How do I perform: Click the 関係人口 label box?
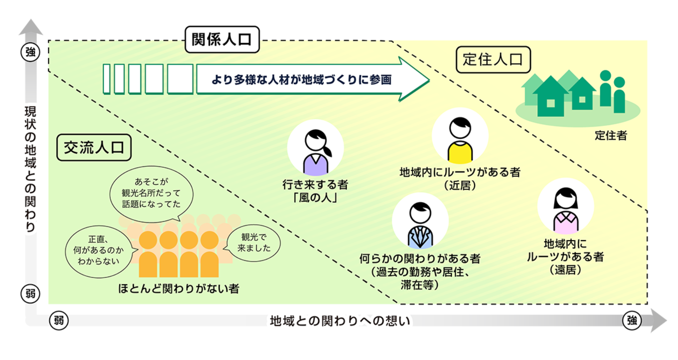click(x=222, y=39)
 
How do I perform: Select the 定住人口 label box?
click(x=493, y=60)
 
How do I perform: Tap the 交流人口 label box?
click(x=94, y=147)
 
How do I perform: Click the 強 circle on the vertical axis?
click(x=30, y=52)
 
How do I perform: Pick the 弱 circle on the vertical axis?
click(x=30, y=294)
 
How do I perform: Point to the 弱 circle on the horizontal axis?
click(x=59, y=320)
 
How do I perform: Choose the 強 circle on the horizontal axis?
click(x=632, y=320)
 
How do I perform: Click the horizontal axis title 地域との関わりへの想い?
click(x=340, y=321)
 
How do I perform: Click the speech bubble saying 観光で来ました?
click(x=254, y=243)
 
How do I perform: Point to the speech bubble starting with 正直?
click(x=98, y=251)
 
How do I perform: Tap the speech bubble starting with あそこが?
click(x=151, y=193)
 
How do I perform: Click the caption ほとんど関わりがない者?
click(x=179, y=289)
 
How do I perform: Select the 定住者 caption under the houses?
click(x=611, y=136)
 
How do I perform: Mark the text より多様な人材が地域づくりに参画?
click(x=301, y=80)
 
